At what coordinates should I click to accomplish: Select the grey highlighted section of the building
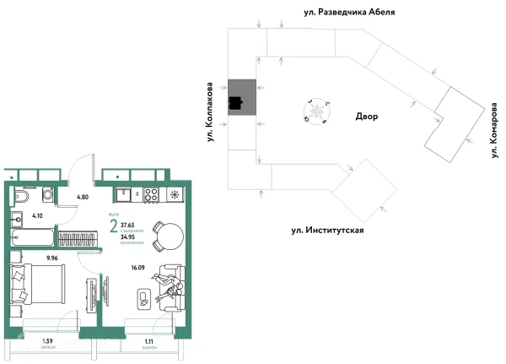[240, 99]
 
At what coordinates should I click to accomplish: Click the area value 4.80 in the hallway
[83, 197]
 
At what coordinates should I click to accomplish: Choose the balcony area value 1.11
[148, 341]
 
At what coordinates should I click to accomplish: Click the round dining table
[169, 232]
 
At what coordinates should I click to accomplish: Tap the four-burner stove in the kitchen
[152, 194]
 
